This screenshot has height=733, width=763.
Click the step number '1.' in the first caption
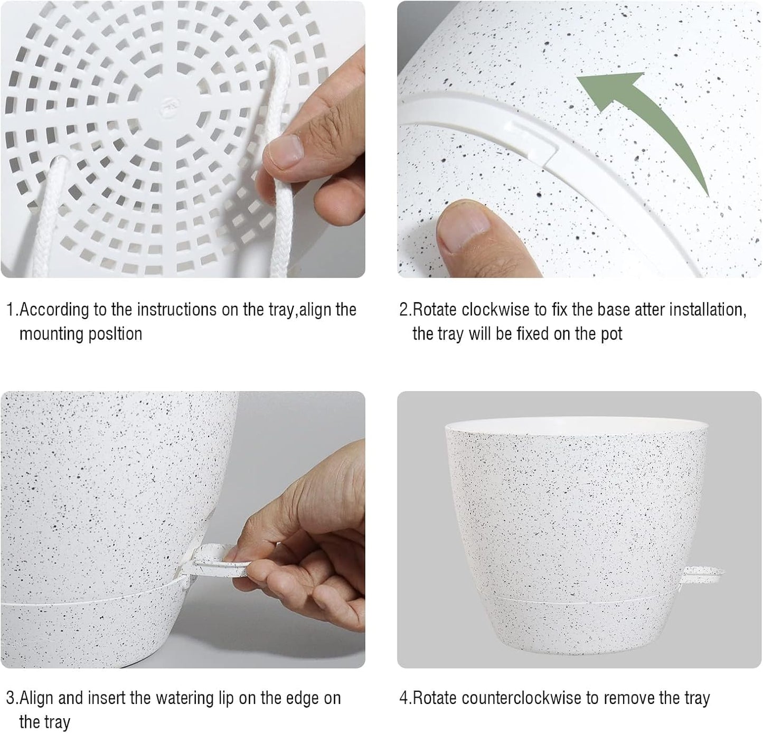click(12, 309)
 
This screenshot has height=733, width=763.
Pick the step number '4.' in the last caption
click(405, 698)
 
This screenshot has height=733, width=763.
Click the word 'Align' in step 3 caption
click(37, 698)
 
